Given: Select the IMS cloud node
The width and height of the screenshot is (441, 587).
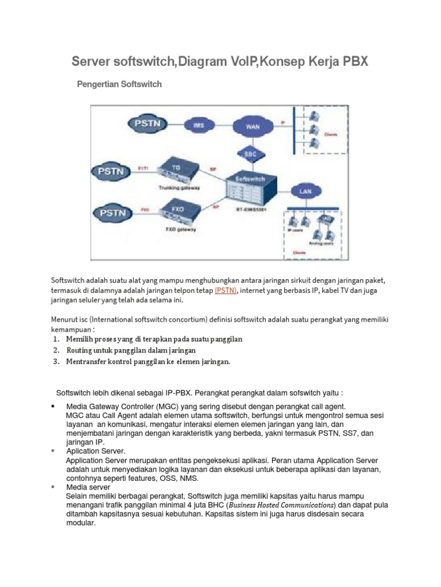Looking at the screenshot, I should point(198,125).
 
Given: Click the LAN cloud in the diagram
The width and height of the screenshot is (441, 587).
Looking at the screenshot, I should point(305,191).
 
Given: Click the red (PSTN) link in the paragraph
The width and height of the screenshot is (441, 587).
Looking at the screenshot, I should point(225,291).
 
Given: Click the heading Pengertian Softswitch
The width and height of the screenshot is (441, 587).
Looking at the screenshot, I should point(119,84).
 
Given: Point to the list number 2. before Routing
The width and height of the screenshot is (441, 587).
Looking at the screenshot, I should point(56,350).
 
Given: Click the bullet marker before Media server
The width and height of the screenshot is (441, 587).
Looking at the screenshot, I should point(53,487).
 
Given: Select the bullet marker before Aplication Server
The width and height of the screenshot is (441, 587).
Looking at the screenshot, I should point(53,452).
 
